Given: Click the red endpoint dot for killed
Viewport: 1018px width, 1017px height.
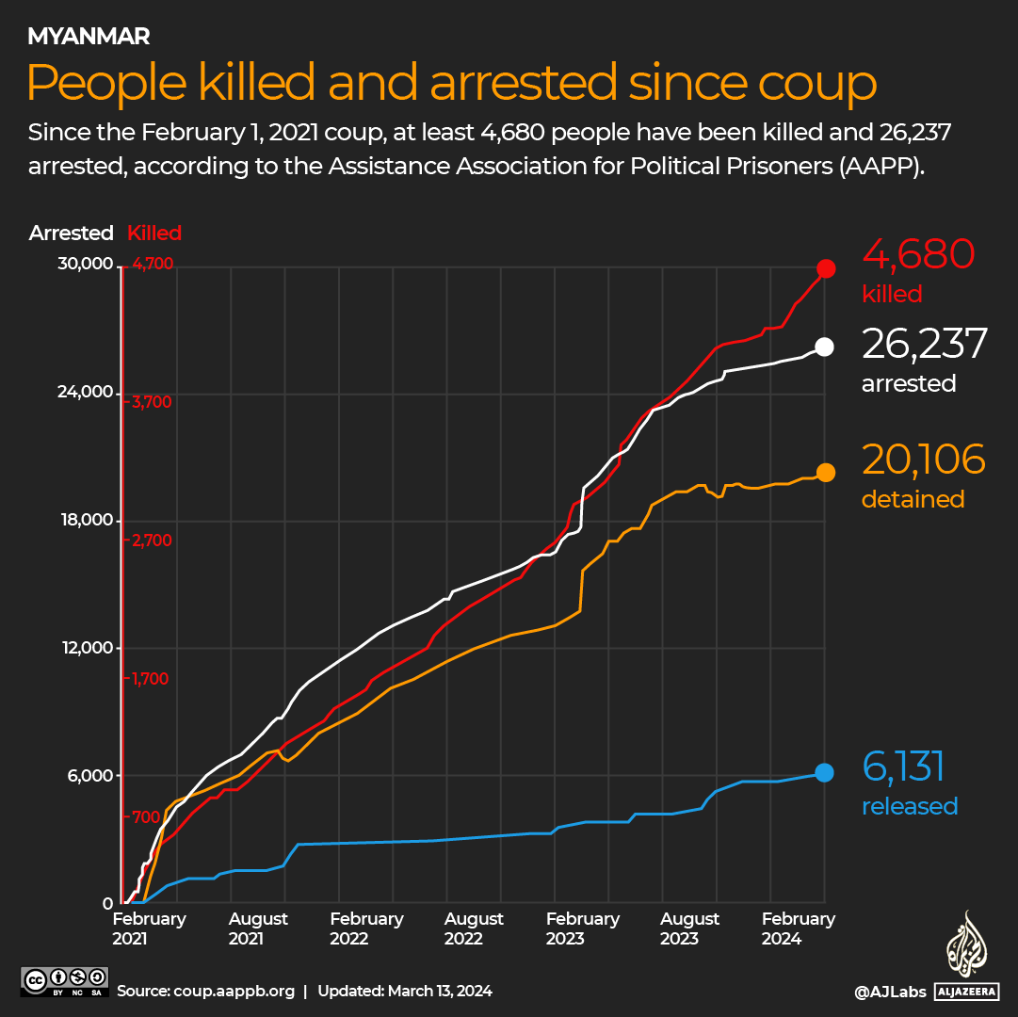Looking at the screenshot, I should coord(826,269).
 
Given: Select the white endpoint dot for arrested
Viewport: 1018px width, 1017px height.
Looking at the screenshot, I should coord(824,347).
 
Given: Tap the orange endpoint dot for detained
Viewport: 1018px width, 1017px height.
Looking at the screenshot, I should coord(825,473).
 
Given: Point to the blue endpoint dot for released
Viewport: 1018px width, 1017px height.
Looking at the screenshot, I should coord(824,773).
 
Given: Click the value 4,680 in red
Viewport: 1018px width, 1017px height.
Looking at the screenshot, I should coord(918,255).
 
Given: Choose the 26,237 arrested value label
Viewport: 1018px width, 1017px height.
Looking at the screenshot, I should coord(924,345).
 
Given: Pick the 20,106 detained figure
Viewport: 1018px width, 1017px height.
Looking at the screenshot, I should coord(923,460).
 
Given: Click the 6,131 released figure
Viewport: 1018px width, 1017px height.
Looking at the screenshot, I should coord(903,767).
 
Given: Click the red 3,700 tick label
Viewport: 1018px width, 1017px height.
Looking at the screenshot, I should coord(151,402).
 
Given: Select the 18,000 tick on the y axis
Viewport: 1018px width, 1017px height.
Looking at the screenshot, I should coord(86,521).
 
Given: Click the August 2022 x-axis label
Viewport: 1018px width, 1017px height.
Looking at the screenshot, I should coord(474,928).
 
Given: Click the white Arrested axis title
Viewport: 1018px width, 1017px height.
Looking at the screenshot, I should coord(71,234).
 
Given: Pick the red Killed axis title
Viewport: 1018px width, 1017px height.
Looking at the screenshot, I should coord(154,234).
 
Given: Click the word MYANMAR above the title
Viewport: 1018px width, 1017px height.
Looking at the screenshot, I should coord(89,37).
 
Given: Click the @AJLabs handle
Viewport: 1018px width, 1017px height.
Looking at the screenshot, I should coord(888,992).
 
